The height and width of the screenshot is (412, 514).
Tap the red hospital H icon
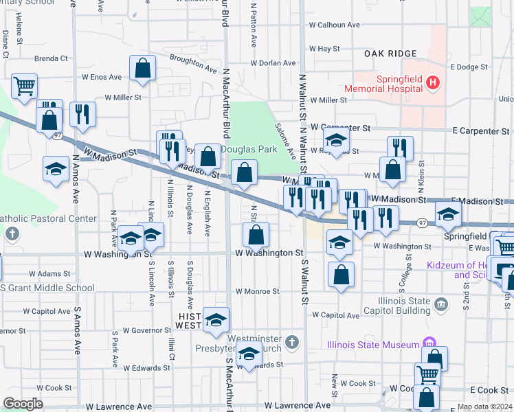432,84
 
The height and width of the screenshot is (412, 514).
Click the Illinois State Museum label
372,345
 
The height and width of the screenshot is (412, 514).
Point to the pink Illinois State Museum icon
431,343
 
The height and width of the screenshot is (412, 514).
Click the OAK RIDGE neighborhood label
391,54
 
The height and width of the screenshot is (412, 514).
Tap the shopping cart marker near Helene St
24,87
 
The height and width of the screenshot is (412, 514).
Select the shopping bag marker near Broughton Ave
142,68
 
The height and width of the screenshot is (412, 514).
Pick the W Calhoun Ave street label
335,25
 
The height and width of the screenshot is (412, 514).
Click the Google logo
23,404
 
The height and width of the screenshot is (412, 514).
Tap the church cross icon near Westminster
292,342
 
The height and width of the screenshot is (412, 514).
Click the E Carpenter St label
480,130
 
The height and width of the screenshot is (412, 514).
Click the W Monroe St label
257,291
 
